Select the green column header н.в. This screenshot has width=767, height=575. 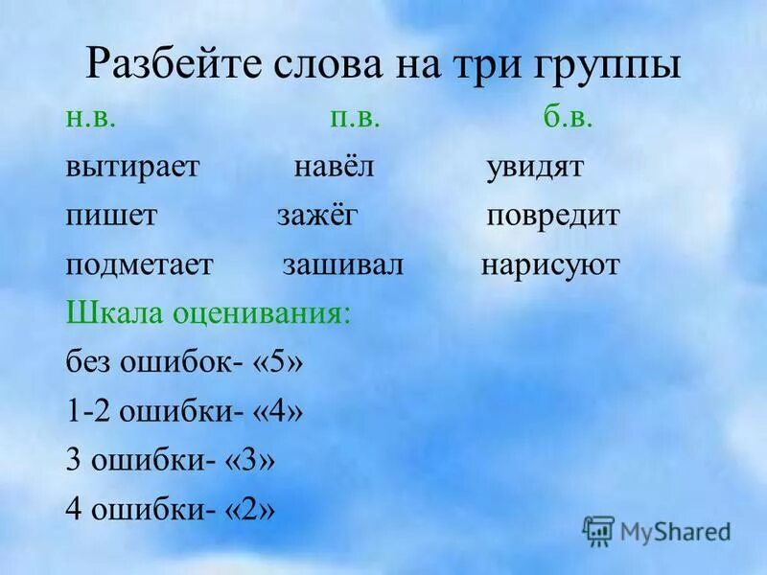[x=92, y=117]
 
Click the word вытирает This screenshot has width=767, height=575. [x=132, y=167]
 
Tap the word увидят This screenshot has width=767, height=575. [x=535, y=167]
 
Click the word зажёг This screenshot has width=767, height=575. [x=317, y=216]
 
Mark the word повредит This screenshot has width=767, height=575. [x=552, y=216]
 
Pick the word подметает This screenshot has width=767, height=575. [x=139, y=265]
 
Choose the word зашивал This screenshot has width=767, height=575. [x=343, y=265]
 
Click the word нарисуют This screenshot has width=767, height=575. [x=550, y=265]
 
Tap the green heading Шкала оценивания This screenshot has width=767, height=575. [x=208, y=315]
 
